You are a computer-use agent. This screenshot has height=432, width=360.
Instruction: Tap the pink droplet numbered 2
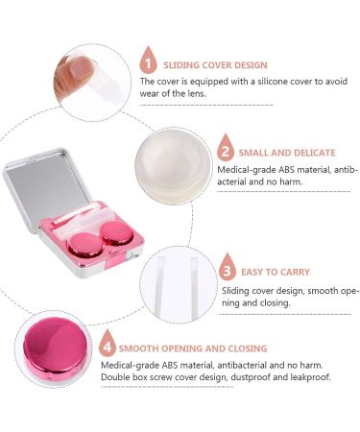pyautogui.click(x=226, y=152)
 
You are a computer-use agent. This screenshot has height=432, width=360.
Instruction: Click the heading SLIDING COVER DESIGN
pyautogui.click(x=215, y=65)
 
